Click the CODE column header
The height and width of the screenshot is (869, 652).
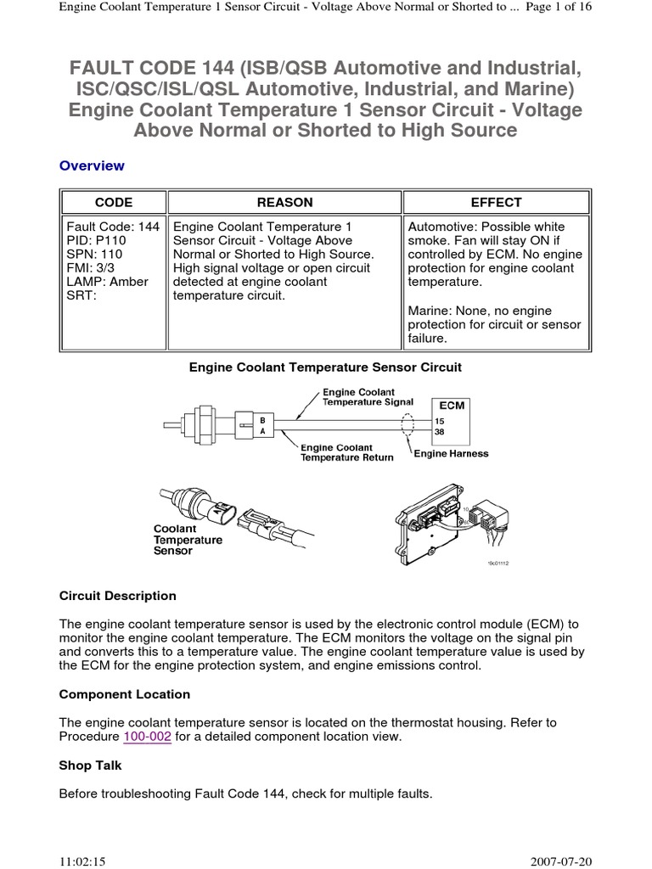pos(113,202)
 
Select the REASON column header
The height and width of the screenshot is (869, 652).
pos(284,202)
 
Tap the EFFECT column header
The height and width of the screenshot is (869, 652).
pos(496,202)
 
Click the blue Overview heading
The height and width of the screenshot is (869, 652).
pos(92,165)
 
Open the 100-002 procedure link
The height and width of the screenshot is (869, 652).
pos(148,737)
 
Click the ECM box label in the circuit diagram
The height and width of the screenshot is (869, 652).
pos(452,405)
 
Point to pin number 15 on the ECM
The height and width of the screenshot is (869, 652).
pos(440,420)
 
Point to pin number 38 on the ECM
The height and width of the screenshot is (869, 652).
pos(440,431)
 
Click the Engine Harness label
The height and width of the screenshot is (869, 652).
pos(451,454)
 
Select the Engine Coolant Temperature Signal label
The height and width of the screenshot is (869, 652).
pos(368,396)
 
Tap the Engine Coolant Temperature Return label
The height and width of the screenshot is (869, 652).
pos(347,452)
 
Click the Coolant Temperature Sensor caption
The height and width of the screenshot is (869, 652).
pos(188,540)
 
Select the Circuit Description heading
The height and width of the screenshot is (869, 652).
pos(118,596)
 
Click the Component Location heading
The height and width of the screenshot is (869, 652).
pos(125,694)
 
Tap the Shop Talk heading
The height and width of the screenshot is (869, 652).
pos(91,765)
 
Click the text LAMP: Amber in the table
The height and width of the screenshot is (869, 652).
pos(107,282)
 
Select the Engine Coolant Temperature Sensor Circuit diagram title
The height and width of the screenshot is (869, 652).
pos(325,367)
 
